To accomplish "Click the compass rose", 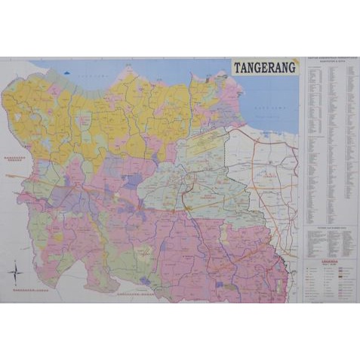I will [x=14, y=270].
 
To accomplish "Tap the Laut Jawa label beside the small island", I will [x=95, y=76].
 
